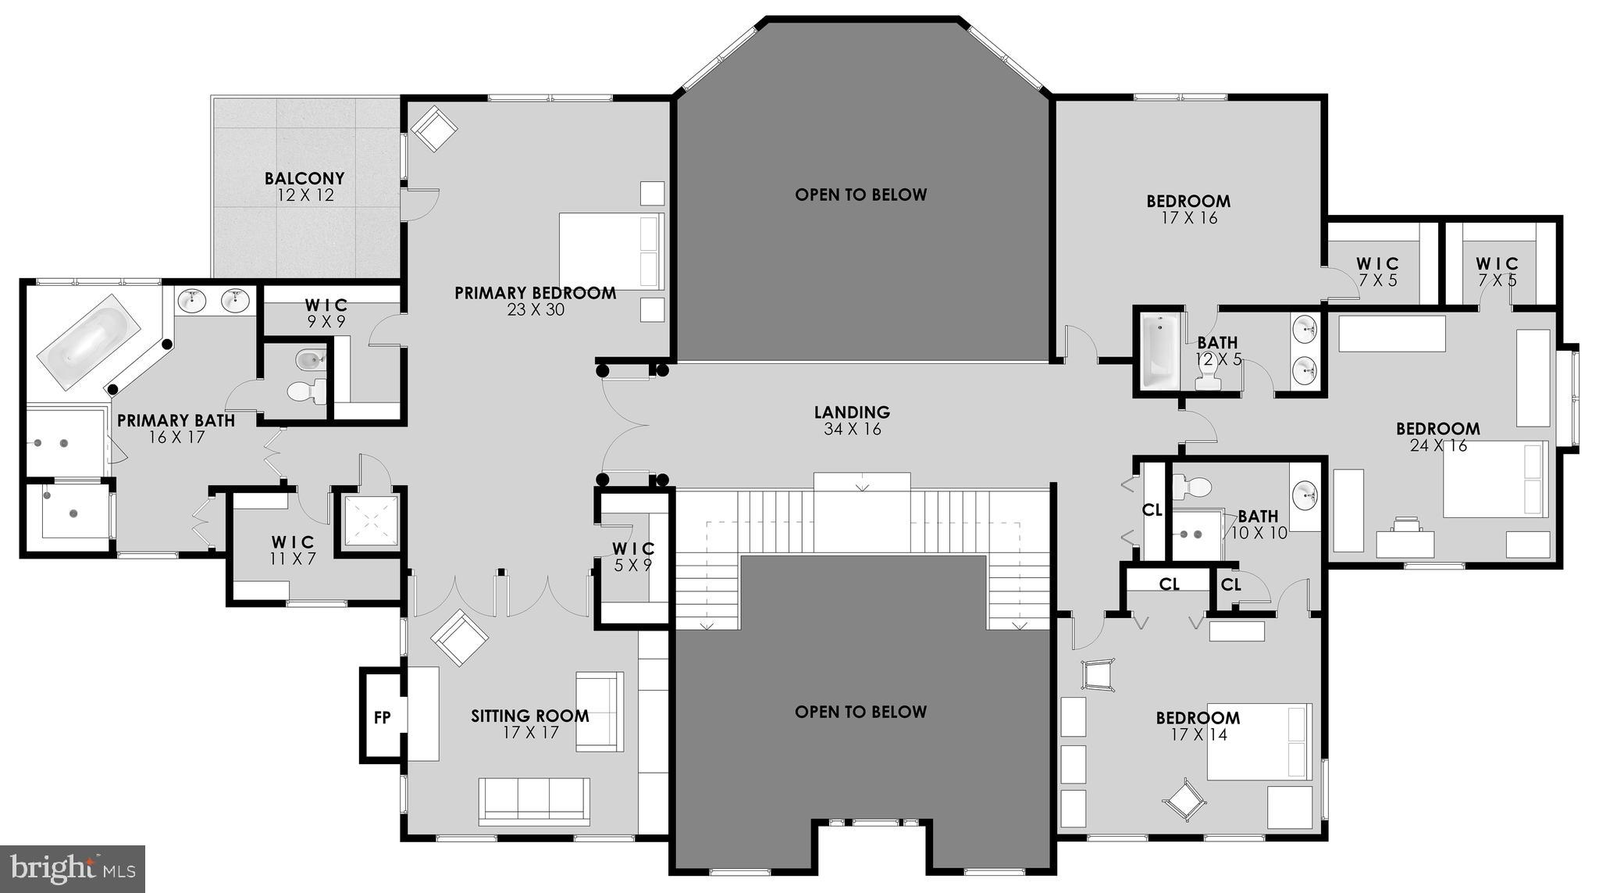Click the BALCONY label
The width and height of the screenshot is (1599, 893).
[304, 179]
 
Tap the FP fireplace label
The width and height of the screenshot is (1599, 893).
[382, 717]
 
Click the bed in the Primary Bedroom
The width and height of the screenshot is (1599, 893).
[611, 252]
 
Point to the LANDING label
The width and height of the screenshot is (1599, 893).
[852, 412]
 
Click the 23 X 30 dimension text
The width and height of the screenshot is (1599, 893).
[535, 310]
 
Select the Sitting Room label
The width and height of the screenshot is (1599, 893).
[529, 716]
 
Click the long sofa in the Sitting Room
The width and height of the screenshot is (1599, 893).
[535, 799]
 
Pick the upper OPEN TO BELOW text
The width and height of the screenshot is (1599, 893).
[860, 195]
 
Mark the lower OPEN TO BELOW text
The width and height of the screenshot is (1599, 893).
[860, 712]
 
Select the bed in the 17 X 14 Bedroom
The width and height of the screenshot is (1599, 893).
[1259, 741]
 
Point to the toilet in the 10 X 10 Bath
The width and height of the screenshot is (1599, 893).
[1191, 487]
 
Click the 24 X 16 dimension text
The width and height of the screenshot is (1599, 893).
[1438, 446]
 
